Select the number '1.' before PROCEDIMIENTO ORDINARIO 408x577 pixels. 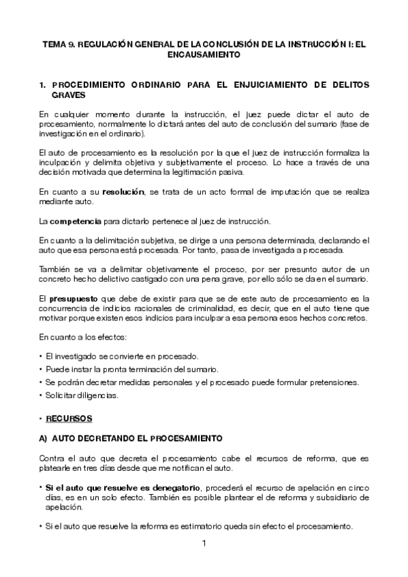coord(43,84)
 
